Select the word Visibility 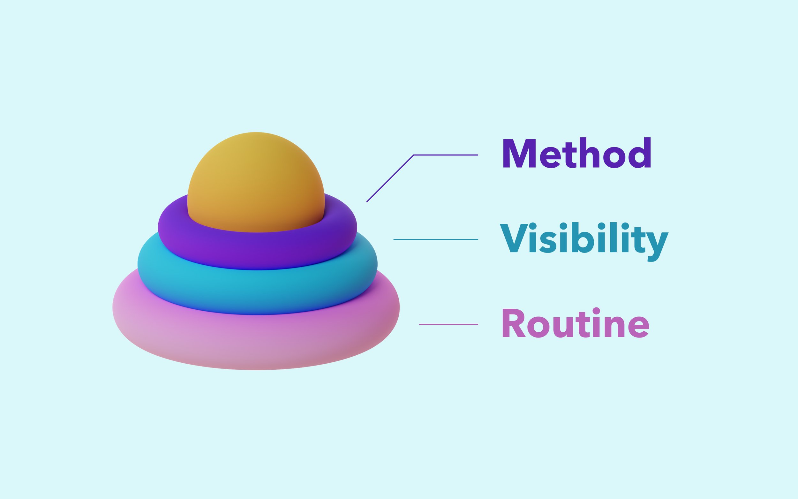[x=584, y=238]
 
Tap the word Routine [x=575, y=323]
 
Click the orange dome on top [x=256, y=178]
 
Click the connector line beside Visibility [x=435, y=239]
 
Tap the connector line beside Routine [x=448, y=324]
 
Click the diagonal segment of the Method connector [x=390, y=178]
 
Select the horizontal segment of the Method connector [x=445, y=155]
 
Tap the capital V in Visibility [x=513, y=238]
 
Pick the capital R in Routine [x=513, y=323]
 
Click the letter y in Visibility [x=657, y=243]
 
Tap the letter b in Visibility [x=584, y=238]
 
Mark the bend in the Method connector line [x=413, y=155]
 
